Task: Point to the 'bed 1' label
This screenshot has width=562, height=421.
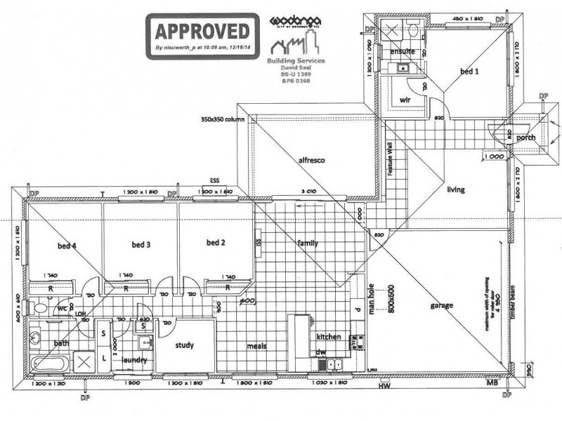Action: [x=470, y=72]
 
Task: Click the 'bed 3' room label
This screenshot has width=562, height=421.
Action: [x=142, y=245]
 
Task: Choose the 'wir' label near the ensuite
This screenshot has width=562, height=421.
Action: [x=405, y=100]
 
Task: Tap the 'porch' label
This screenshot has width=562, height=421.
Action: [x=525, y=138]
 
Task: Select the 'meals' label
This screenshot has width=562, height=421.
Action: [x=258, y=346]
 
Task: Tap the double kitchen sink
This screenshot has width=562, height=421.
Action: [x=331, y=364]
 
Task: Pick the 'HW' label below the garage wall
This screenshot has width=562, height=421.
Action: [x=384, y=386]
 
